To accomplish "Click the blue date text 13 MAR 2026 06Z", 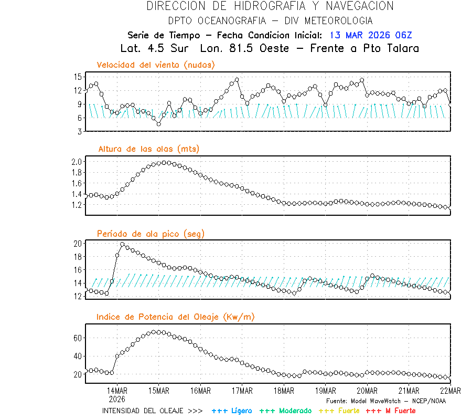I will point(371,35).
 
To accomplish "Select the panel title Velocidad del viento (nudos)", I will point(156,65).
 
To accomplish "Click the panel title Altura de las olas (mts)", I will point(149,149).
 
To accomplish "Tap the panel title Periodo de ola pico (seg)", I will point(151,233).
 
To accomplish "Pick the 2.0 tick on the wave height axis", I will point(76,162).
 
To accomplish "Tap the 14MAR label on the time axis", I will point(117,391).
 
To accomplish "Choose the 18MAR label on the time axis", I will point(283,391).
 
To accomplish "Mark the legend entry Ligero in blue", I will point(232,411).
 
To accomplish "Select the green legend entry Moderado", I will point(285,411).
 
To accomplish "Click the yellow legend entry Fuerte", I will point(339,411).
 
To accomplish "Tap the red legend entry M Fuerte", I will point(390,411).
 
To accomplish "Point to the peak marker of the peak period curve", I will point(122,244).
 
